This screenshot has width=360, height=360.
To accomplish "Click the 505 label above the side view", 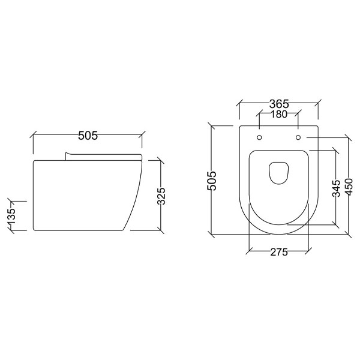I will pyautogui.click(x=88, y=136).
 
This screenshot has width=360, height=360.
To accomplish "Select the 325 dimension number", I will pyautogui.click(x=161, y=194).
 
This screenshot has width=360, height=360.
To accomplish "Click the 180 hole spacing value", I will pyautogui.click(x=278, y=115).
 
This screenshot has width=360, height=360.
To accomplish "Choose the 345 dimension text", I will pyautogui.click(x=336, y=187).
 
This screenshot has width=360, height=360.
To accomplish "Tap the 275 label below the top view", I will pyautogui.click(x=278, y=252).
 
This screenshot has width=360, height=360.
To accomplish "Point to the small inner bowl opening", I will pyautogui.click(x=278, y=172).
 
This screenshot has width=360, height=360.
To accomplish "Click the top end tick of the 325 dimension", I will pyautogui.click(x=160, y=160).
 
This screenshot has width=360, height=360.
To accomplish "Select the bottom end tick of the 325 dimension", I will pyautogui.click(x=160, y=229).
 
